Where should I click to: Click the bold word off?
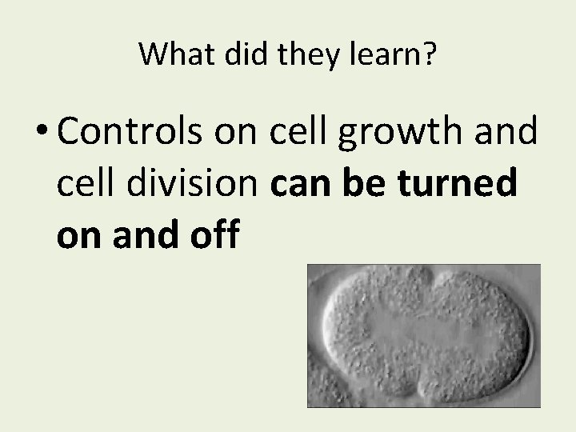click(x=212, y=238)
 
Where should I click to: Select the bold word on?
click(x=79, y=238)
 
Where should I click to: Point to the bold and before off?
click(x=144, y=238)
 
